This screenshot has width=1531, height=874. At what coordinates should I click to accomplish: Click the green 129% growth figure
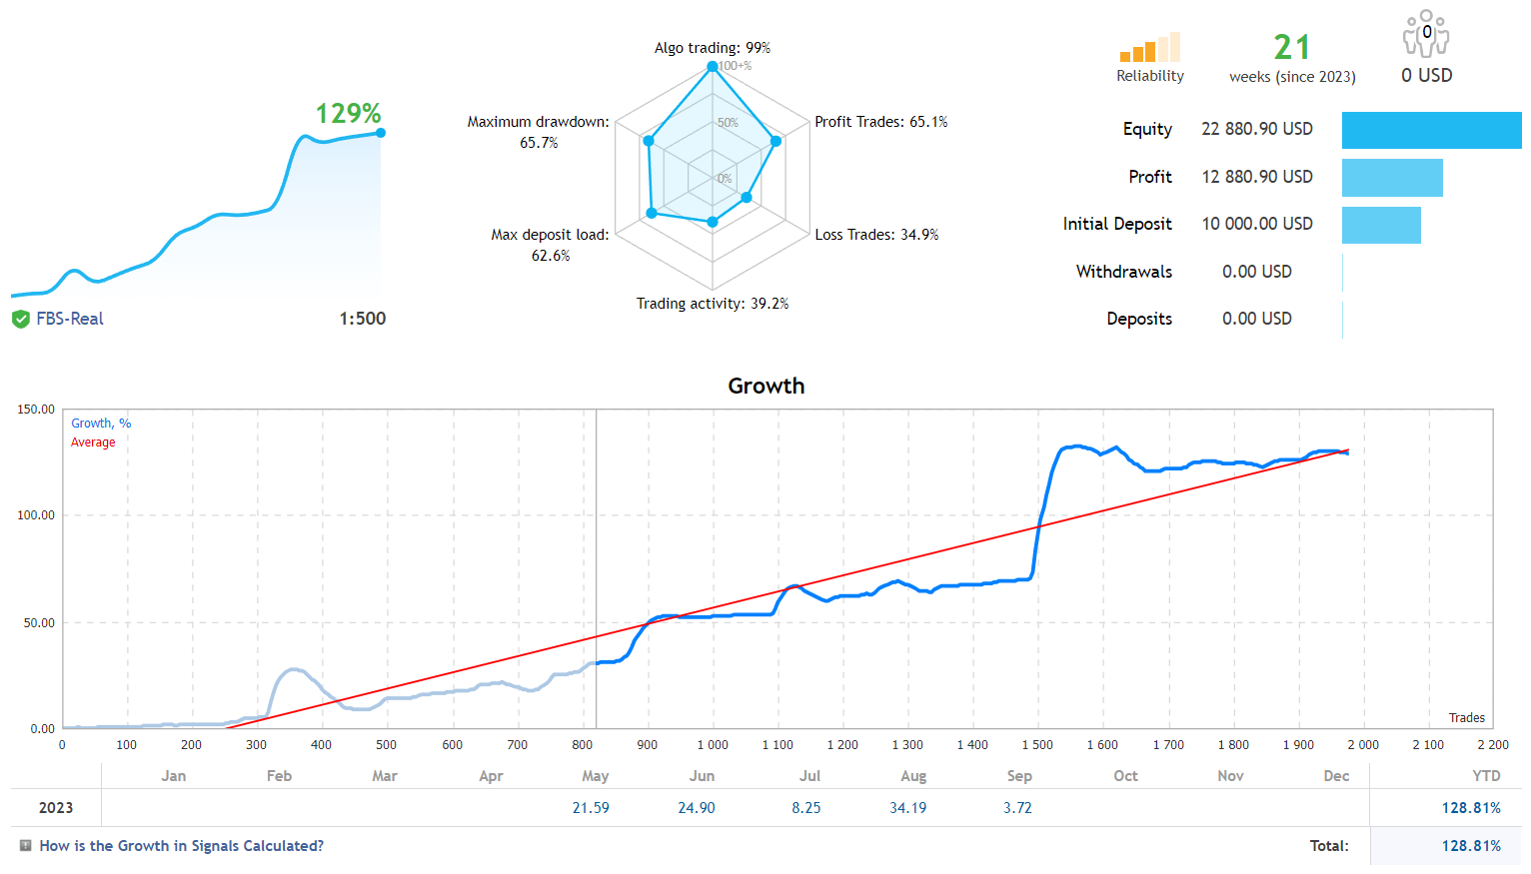click(x=348, y=114)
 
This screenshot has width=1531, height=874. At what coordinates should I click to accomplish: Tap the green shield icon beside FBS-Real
click(x=21, y=320)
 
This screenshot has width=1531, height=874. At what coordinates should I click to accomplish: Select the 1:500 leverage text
click(x=362, y=319)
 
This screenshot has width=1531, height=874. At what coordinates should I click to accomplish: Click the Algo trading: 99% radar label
click(x=712, y=48)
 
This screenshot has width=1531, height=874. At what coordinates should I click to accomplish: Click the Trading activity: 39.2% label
click(x=712, y=304)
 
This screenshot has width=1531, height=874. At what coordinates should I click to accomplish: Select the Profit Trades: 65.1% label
click(x=880, y=122)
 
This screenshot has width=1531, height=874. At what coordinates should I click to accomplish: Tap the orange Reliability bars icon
click(x=1149, y=48)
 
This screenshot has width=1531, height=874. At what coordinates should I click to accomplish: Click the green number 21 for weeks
click(x=1291, y=47)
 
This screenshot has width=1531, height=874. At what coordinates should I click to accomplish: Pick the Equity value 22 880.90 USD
click(x=1256, y=129)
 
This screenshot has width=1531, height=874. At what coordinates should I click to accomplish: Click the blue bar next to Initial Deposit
click(x=1380, y=225)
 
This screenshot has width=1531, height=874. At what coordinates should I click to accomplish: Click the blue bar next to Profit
click(x=1391, y=178)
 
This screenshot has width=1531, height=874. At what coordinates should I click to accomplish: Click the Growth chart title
click(x=765, y=386)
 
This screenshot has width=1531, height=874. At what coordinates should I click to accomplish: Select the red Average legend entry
click(x=93, y=442)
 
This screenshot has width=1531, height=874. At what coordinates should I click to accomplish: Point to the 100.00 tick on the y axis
click(x=36, y=515)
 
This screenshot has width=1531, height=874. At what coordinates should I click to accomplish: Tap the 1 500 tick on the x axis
click(x=1036, y=745)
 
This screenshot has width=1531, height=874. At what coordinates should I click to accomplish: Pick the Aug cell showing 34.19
click(x=907, y=808)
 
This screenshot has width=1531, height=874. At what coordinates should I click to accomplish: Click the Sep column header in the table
click(x=1018, y=776)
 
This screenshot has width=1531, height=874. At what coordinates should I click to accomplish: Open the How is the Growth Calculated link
click(x=181, y=846)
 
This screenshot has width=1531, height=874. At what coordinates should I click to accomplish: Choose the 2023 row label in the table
click(x=56, y=808)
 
